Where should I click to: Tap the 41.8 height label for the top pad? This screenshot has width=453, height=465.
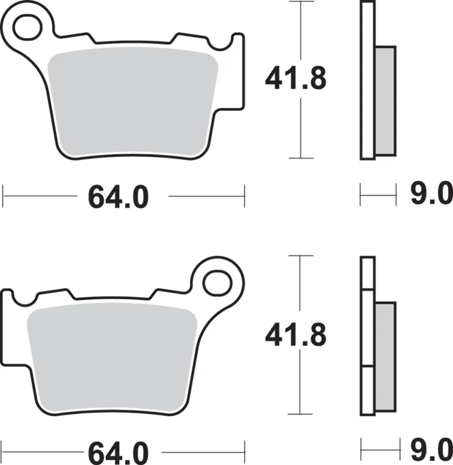296,80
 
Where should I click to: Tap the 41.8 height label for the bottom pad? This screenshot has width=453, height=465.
296,335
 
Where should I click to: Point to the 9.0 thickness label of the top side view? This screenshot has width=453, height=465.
431,195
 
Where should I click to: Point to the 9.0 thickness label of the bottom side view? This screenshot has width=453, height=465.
431,451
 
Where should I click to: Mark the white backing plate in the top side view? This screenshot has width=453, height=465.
367,79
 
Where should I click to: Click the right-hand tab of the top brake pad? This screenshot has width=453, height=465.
237,70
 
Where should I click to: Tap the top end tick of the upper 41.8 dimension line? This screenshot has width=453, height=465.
300,1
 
